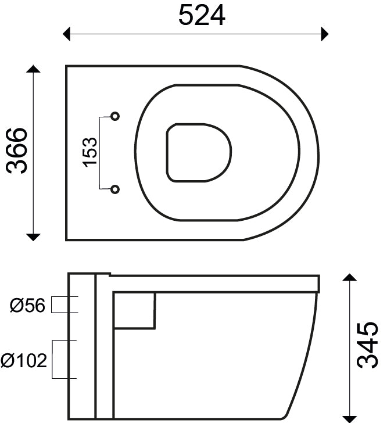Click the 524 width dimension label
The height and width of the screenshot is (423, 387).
[202, 15]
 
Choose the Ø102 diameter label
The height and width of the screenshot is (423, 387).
[24, 361]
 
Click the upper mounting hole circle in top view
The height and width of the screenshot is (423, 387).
[115, 116]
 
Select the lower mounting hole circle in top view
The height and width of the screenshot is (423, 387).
[115, 189]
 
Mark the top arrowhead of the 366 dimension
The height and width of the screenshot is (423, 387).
[34, 70]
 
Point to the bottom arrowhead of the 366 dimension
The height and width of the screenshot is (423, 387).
[34, 236]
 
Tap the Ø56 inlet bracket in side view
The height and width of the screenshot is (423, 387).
[65, 305]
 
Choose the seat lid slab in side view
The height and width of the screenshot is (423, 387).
[215, 283]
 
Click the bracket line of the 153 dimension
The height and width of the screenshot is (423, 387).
[101, 152]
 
